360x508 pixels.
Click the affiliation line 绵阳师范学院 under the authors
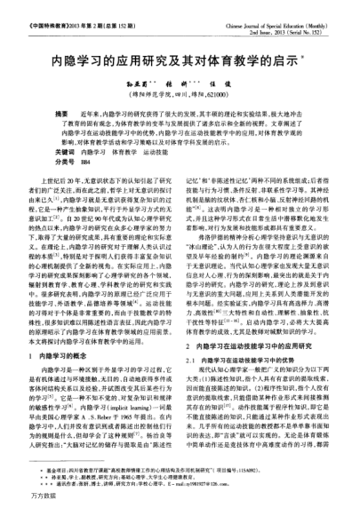(x=180, y=79)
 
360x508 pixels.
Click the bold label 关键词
(x=64, y=129)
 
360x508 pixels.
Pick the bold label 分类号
(x=64, y=138)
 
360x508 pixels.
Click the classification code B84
(x=84, y=138)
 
